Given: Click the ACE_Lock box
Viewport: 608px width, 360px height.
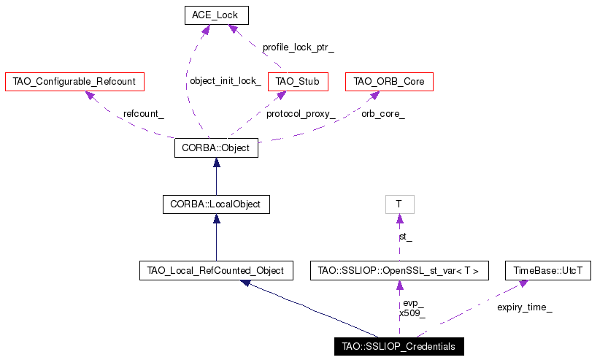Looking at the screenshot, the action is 216,15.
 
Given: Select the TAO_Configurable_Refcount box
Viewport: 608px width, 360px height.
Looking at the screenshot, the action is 74,82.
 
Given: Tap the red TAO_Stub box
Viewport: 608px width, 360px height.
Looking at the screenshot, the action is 298,82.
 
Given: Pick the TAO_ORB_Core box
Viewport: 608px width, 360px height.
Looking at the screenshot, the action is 389,82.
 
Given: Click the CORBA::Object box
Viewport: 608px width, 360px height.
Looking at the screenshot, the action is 216,148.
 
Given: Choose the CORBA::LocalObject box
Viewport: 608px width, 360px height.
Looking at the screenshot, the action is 216,204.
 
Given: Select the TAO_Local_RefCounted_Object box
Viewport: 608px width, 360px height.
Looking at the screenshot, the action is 216,270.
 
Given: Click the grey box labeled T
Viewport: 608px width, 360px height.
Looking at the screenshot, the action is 400,204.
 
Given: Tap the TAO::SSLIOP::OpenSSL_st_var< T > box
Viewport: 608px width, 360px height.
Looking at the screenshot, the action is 399,270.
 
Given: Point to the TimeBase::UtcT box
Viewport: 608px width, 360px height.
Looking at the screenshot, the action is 548,270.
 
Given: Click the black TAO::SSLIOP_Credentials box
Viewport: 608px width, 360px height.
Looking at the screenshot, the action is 399,346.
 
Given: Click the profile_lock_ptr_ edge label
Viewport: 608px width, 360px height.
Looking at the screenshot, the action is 299,47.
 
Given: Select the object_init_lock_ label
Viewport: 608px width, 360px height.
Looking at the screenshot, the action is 226,80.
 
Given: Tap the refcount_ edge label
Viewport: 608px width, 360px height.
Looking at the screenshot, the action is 144,114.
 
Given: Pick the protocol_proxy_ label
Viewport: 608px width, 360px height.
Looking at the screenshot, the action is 301,114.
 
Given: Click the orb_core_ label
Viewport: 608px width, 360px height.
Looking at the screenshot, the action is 383,114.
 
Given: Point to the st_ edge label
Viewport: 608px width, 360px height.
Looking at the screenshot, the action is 406,237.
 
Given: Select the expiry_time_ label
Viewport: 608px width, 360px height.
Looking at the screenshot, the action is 525,307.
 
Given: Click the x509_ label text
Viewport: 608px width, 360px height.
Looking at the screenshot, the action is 412,313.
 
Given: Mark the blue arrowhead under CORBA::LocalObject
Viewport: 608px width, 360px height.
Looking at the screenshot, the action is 216,219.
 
